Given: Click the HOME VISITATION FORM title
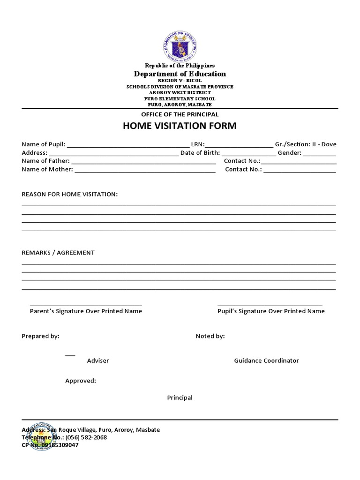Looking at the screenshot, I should (x=180, y=126).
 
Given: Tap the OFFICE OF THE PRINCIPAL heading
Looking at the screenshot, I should (x=180, y=114).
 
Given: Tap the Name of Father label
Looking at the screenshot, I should (x=45, y=161).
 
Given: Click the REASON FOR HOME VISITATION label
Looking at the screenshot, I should (x=69, y=194).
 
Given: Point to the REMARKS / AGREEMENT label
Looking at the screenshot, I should (x=58, y=253).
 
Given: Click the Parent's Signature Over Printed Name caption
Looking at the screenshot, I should (x=86, y=311).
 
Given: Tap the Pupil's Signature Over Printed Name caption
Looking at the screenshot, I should (x=271, y=311).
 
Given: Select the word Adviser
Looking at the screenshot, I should (x=98, y=360).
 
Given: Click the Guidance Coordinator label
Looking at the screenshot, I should (x=266, y=360).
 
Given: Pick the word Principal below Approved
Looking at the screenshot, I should (x=180, y=397).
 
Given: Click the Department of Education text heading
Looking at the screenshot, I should (x=180, y=74).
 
